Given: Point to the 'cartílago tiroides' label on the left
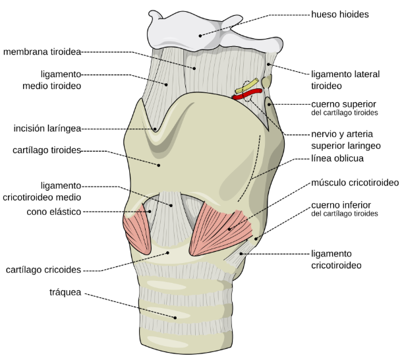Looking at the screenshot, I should click(x=46, y=150).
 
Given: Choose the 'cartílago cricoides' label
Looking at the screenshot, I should click(x=43, y=270).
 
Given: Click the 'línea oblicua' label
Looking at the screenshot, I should click(x=337, y=158).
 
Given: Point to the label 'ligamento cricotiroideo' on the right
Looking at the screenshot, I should click(x=336, y=259).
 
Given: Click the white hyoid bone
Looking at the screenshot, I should click(x=198, y=30).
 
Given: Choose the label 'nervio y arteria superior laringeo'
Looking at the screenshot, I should click(x=345, y=139).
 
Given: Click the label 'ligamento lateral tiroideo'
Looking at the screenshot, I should click(x=345, y=80).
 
